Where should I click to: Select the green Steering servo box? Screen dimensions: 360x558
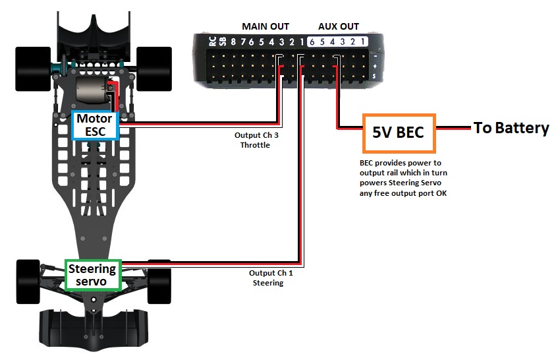tap(92, 275)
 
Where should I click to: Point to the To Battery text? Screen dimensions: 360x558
tap(511, 128)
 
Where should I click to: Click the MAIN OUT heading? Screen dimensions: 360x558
tap(265, 26)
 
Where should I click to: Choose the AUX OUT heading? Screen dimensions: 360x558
tap(339, 26)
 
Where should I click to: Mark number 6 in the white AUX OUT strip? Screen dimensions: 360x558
tap(312, 42)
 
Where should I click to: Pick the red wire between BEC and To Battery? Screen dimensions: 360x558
tap(455, 128)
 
